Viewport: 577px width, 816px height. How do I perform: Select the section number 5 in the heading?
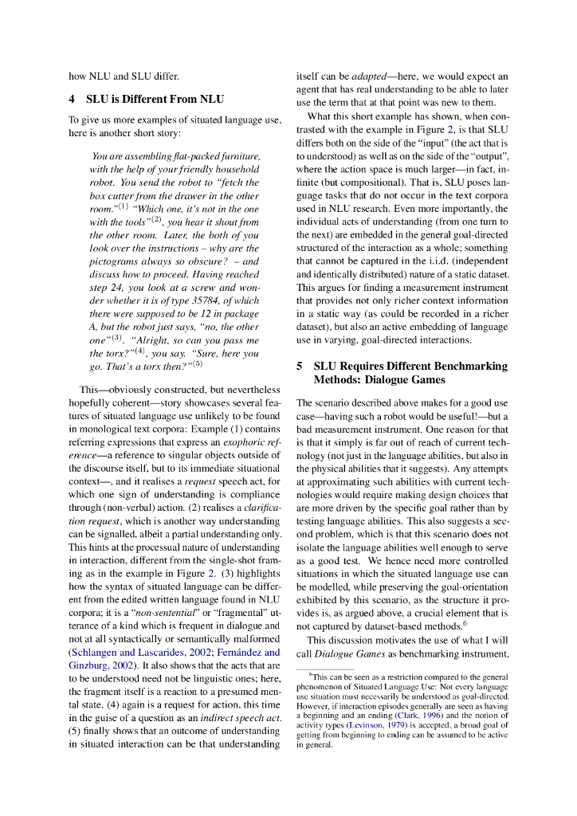300,366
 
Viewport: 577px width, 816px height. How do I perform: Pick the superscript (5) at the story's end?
198,364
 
